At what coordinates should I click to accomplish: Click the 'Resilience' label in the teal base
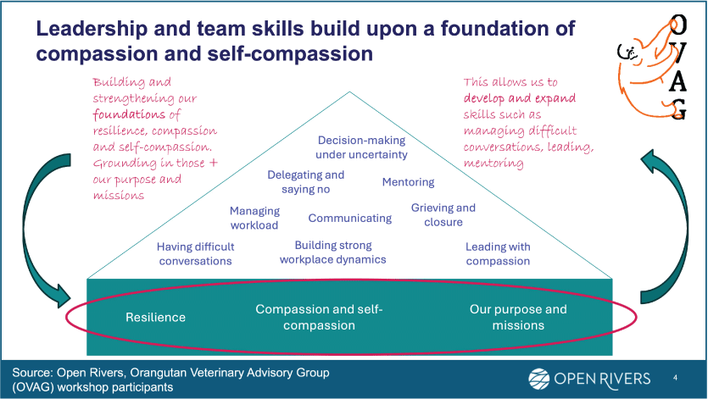click(x=155, y=318)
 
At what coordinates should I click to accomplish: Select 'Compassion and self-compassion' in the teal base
click(x=319, y=318)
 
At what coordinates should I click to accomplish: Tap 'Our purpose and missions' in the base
click(x=518, y=318)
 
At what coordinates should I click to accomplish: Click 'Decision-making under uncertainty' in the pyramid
click(x=361, y=147)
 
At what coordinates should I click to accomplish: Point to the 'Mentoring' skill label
click(x=408, y=182)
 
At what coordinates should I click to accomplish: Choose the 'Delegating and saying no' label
click(x=306, y=182)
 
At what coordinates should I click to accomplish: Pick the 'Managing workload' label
click(x=254, y=218)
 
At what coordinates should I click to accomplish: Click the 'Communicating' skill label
click(x=350, y=218)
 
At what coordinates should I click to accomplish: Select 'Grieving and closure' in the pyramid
click(x=443, y=215)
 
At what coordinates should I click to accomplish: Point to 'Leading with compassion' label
click(x=498, y=254)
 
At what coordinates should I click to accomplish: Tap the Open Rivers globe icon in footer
click(x=539, y=378)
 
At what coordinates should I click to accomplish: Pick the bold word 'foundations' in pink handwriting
click(x=126, y=114)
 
